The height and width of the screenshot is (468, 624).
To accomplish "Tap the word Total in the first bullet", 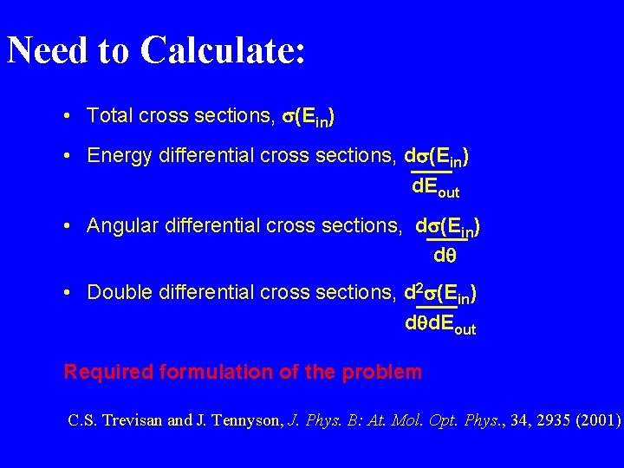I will [x=109, y=115].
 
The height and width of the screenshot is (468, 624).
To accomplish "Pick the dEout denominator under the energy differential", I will [x=435, y=187].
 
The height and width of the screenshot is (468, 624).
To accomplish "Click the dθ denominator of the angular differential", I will [x=445, y=257].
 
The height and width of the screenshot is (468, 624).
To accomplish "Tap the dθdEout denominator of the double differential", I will [x=440, y=326].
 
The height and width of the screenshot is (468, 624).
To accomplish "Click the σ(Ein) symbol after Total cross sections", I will [x=317, y=116].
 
